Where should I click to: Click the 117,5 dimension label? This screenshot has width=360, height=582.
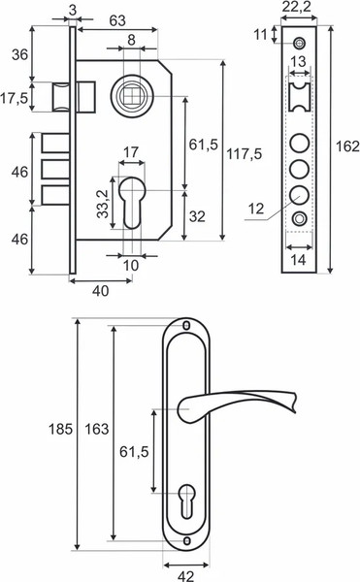click(x=244, y=153)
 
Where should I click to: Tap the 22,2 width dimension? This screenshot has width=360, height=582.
click(x=296, y=7)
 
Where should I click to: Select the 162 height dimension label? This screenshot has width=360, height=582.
click(x=347, y=146)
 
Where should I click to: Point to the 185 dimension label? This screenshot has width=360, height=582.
click(x=60, y=429)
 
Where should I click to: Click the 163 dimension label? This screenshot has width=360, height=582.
click(x=97, y=429)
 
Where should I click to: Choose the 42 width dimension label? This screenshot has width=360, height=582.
click(x=185, y=576)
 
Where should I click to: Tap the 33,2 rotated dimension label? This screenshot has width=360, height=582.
click(x=103, y=204)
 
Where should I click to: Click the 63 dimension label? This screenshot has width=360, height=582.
click(x=117, y=20)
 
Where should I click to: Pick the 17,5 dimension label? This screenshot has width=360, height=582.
click(x=14, y=98)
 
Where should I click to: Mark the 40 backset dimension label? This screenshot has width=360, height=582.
click(x=100, y=291)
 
